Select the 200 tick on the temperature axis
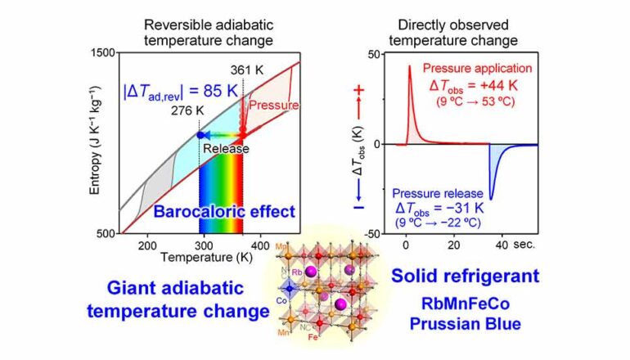pyautogui.click(x=147, y=245)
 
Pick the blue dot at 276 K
pyautogui.click(x=200, y=135)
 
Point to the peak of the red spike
pyautogui.click(x=409, y=67)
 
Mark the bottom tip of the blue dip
pyautogui.click(x=491, y=199)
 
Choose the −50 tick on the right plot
pyautogui.click(x=372, y=233)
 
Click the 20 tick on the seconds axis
pyautogui.click(x=452, y=245)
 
